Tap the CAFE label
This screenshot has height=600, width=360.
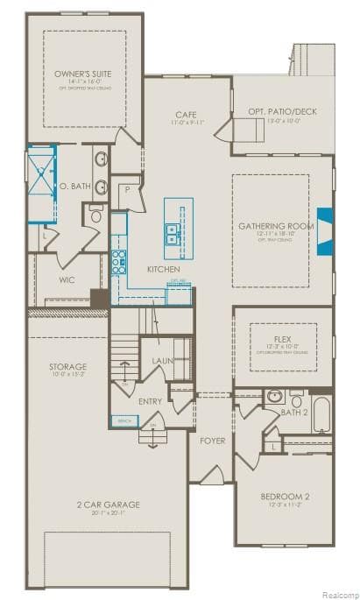click(x=185, y=114)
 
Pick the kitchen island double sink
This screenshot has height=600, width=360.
click(x=173, y=232)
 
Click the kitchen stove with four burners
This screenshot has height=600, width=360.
click(x=116, y=261)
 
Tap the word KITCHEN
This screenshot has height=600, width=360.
click(x=163, y=268)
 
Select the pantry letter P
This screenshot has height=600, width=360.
click(x=127, y=188)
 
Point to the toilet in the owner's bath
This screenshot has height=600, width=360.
click(x=95, y=214)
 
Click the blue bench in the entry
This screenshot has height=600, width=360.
click(x=123, y=421)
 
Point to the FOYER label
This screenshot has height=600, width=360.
click(x=212, y=440)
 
